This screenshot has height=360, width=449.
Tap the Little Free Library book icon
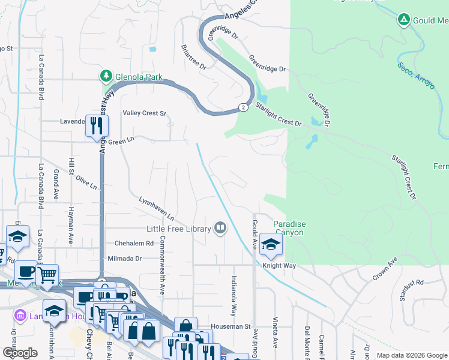[220, 227]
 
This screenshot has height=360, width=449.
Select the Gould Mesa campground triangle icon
[405, 20]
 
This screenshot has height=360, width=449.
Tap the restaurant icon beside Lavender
[96, 126]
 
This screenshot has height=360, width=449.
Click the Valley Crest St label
[144, 113]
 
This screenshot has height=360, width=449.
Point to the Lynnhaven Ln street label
[156, 208]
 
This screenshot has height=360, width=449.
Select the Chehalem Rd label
[134, 244]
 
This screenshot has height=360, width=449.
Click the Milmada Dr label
[124, 259]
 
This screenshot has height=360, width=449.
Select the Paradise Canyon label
[289, 228]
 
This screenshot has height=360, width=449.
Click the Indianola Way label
[234, 296]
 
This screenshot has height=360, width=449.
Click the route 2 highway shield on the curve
[242, 107]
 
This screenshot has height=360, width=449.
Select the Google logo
[20, 353]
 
